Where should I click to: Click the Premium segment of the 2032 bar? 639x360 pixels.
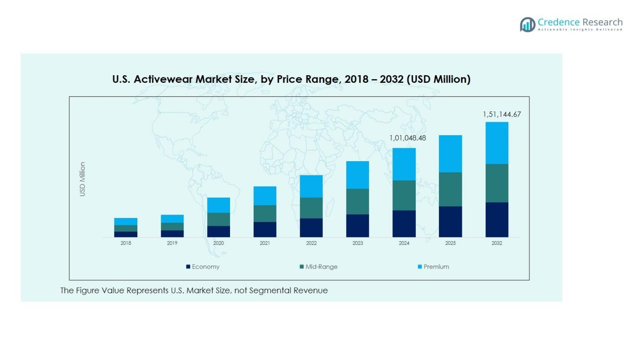pos(497,143)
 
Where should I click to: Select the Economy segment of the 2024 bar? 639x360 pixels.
pos(404,223)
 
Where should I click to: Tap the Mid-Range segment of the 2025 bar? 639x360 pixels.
pos(450,189)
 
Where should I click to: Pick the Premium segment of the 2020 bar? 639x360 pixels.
pos(218,205)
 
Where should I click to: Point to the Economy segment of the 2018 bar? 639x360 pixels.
pos(126,234)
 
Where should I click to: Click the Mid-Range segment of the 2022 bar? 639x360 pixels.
pos(311,208)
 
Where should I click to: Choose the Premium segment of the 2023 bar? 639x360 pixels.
pos(358,175)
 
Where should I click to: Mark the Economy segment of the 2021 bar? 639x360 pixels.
pos(265,229)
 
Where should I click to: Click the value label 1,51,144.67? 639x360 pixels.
pos(502,115)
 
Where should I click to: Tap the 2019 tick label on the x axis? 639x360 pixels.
pos(172,243)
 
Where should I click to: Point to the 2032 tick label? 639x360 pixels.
pos(497,243)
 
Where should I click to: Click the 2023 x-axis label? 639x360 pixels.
pos(358,243)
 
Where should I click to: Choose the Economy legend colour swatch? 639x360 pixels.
pos(188,267)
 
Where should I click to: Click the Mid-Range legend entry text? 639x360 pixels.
pos(321,267)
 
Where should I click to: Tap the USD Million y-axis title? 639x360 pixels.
pos(82,179)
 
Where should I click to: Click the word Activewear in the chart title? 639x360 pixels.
pos(170,80)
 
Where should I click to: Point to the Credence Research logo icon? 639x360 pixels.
pos(527,24)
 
